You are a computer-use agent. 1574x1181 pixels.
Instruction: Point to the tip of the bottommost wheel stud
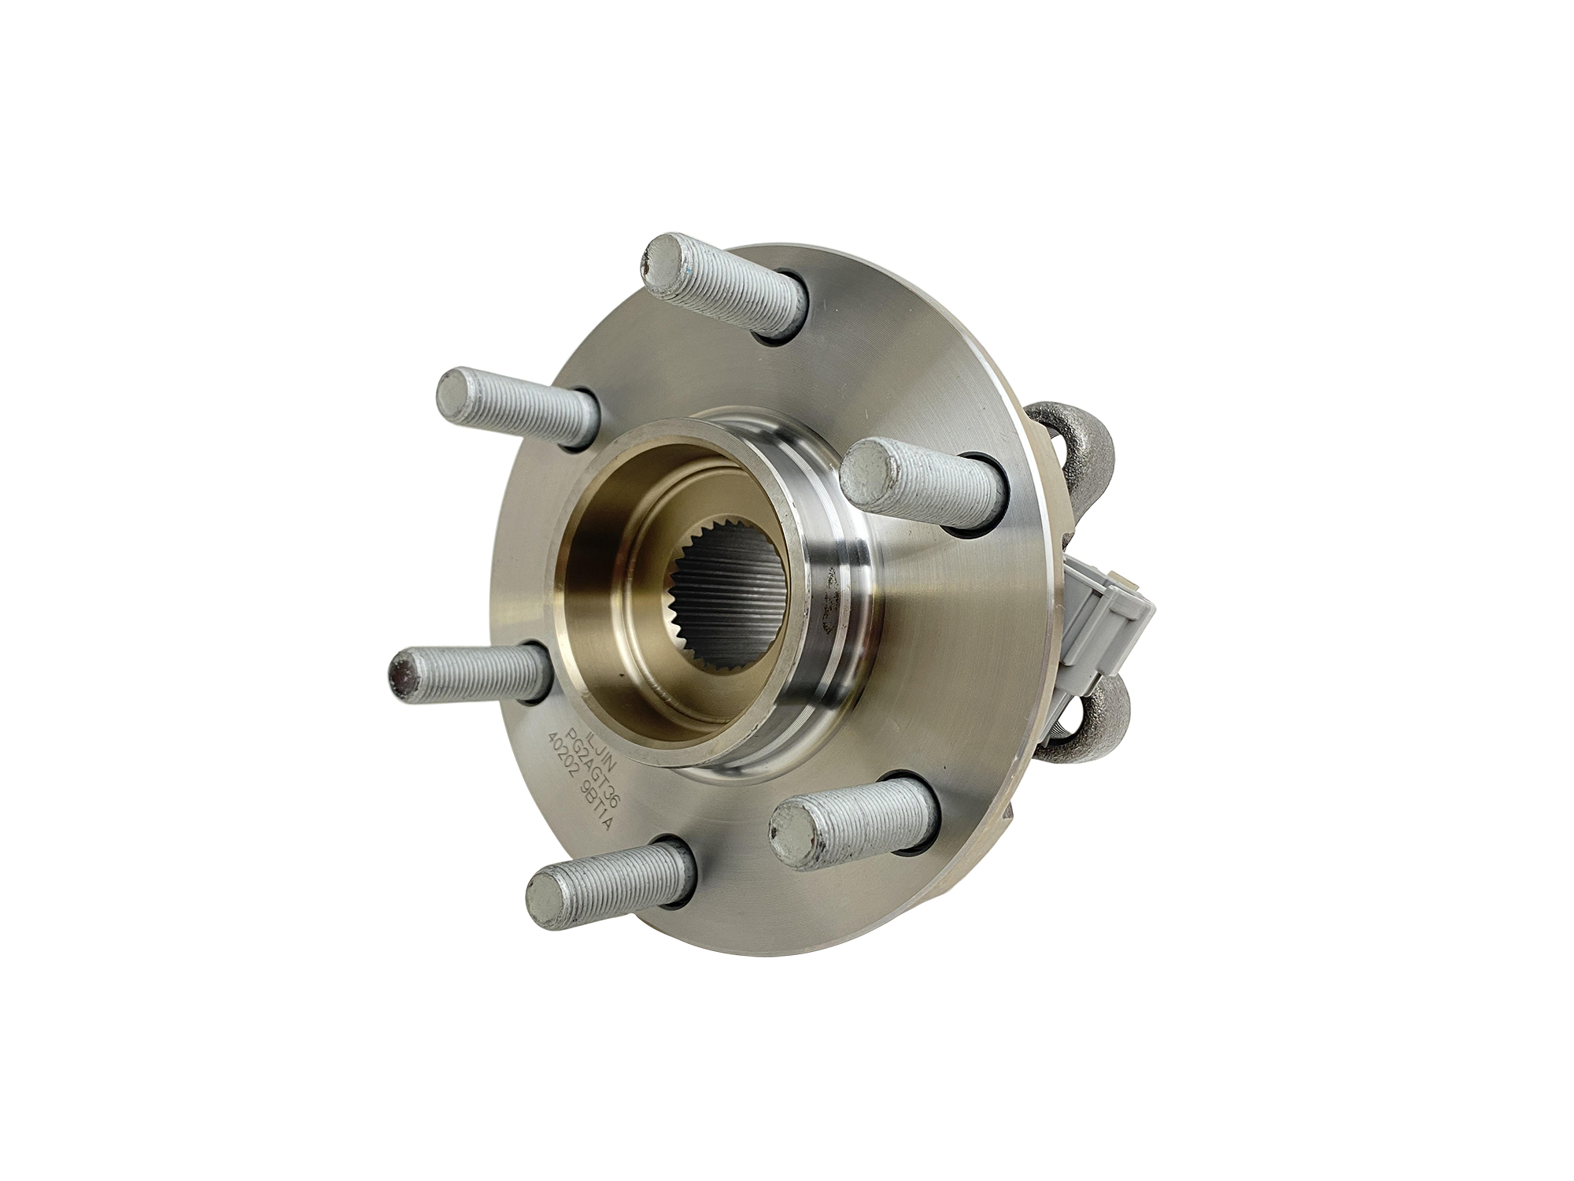[x=548, y=900]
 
